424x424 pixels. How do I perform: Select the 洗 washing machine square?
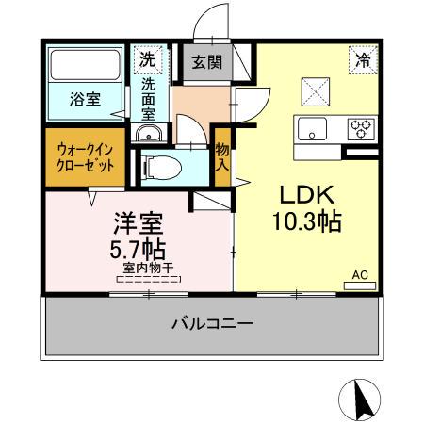148,59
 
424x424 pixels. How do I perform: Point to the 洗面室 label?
149,99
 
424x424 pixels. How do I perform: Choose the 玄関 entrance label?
206,63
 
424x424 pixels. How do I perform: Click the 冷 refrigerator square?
362,59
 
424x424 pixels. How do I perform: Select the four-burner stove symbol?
360,126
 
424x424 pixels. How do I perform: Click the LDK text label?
305,195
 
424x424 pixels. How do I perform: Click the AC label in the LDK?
359,274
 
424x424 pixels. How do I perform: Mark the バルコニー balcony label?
211,323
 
